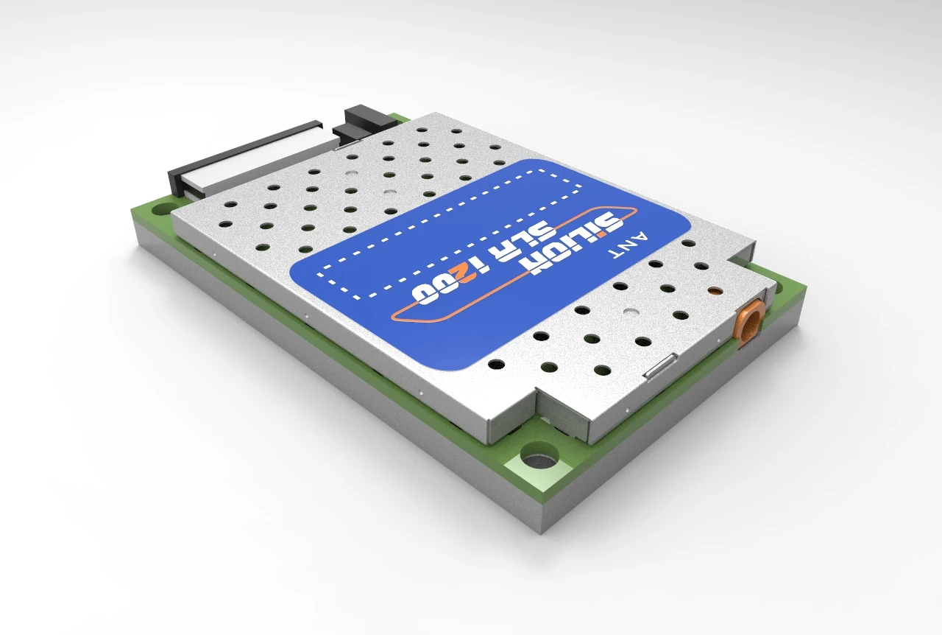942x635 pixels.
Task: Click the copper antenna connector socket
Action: tap(750, 324)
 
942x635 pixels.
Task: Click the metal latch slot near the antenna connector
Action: tap(659, 366)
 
